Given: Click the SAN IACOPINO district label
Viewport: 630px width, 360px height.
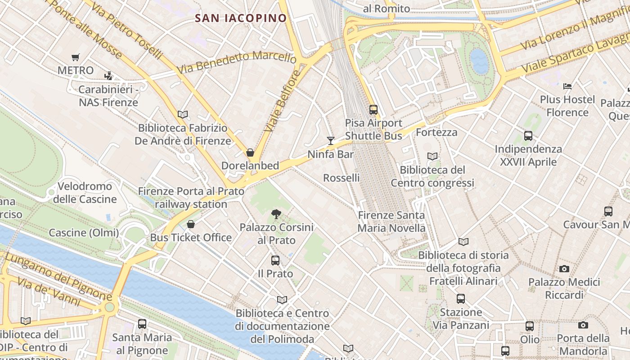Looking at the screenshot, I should [241, 18].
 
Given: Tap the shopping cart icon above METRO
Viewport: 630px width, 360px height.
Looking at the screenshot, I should [76, 57].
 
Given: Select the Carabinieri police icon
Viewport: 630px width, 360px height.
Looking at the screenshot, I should [108, 76].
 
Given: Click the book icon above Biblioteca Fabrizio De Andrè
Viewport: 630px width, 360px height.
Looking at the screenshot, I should [183, 114].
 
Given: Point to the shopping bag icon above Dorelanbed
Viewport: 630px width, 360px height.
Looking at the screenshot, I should [250, 153].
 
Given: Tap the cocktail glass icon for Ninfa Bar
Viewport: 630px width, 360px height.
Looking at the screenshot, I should [331, 141].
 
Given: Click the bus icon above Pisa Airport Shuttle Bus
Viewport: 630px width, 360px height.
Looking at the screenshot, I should [373, 109].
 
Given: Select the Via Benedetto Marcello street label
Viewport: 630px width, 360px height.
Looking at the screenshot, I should [237, 62].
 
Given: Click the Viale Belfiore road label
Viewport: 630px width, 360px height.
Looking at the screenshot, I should [282, 101].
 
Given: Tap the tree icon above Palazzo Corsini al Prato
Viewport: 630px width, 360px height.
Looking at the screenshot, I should [276, 214].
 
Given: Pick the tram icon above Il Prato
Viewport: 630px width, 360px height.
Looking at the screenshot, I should [275, 260].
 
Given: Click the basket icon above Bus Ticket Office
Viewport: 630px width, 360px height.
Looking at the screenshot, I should [191, 224].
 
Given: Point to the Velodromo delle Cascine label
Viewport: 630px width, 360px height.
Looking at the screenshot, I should [85, 193].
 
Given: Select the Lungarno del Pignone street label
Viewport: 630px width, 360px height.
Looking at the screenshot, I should [58, 276].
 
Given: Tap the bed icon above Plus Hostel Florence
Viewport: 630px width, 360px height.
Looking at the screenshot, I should [567, 86].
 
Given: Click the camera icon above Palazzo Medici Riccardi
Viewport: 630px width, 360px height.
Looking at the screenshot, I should [564, 269].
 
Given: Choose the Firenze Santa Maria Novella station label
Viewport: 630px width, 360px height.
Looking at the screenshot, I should [391, 222].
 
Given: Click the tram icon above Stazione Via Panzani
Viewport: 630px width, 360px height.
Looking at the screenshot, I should [461, 298].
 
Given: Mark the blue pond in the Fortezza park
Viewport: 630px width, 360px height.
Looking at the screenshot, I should [479, 61].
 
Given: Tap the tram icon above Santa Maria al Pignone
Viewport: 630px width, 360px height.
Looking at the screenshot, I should [142, 324].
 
